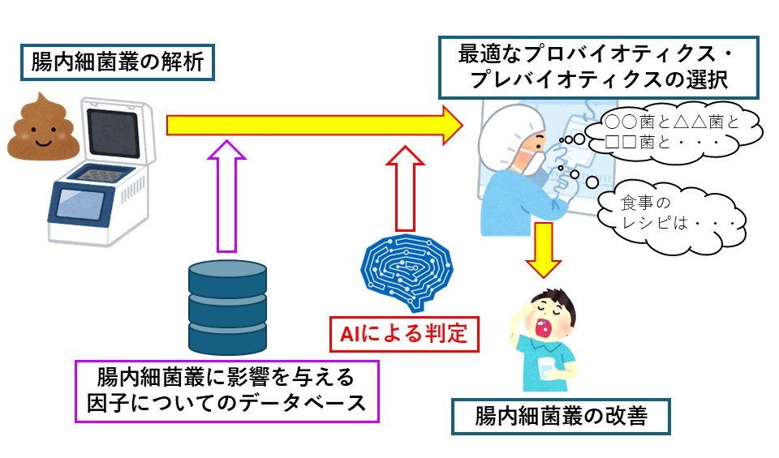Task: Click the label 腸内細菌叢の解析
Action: click(x=117, y=62)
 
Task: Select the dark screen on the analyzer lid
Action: click(x=113, y=133)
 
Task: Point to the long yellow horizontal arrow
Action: click(x=314, y=125)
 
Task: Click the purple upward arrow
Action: click(x=226, y=196)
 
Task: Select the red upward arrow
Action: click(x=406, y=189)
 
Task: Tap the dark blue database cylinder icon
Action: click(x=227, y=308)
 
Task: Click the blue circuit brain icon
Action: click(x=407, y=272)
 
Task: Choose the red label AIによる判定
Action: click(x=404, y=334)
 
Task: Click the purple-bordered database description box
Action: click(x=226, y=391)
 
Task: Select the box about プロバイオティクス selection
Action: click(x=599, y=67)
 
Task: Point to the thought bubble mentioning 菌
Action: click(x=674, y=131)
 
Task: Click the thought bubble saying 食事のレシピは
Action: click(x=672, y=214)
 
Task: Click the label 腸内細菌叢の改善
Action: click(x=561, y=416)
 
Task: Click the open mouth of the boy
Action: click(x=543, y=328)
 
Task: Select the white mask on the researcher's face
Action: click(x=531, y=161)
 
